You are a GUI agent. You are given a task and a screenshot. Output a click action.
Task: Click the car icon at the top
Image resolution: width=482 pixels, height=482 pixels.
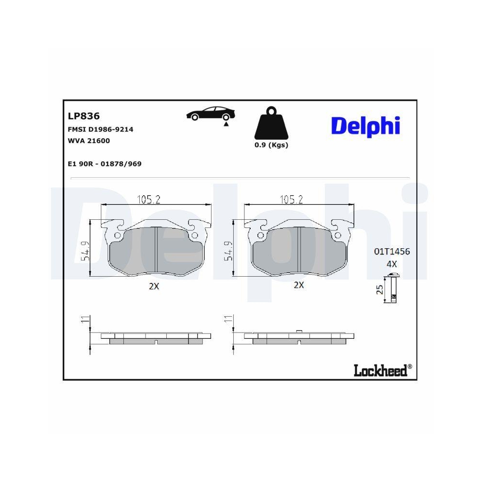211,114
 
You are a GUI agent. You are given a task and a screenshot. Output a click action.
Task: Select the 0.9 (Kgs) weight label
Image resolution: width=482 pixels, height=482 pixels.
271,145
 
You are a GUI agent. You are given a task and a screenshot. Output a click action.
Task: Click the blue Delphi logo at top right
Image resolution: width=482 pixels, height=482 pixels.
365,125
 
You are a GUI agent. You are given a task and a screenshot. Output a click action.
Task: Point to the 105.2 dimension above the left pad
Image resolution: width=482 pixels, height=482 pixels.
149,199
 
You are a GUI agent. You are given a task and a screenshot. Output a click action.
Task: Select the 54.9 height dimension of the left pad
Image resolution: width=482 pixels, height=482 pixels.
85,251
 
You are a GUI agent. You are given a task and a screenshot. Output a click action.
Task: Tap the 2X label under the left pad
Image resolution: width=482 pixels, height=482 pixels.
154,286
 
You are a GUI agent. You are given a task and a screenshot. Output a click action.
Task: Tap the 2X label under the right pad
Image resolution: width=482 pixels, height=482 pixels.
299,285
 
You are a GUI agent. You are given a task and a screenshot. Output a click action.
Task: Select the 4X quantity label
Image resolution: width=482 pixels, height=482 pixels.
391,264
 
